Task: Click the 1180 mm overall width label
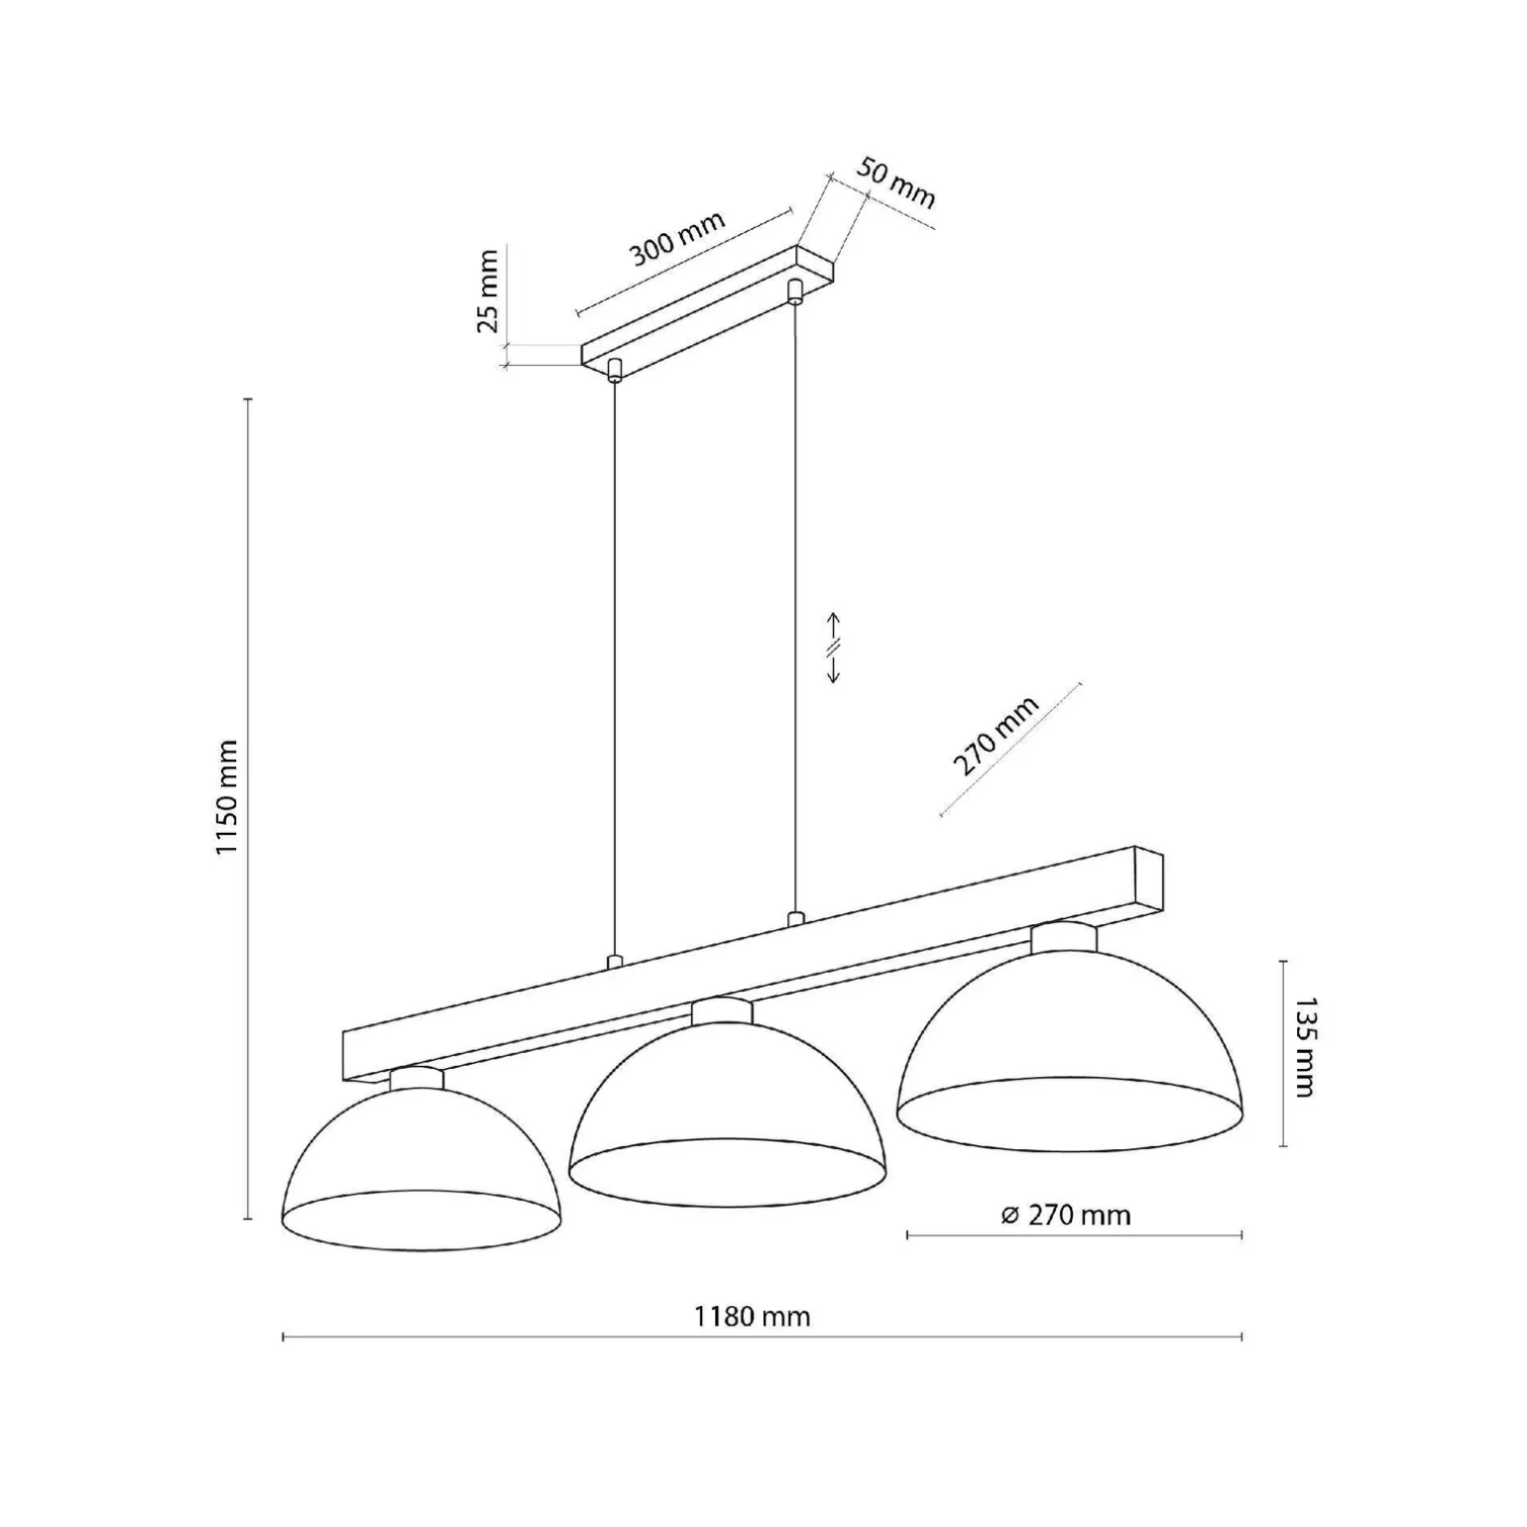(x=752, y=1316)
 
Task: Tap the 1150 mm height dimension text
(x=227, y=796)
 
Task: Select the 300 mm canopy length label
(x=678, y=238)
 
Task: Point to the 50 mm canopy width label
(x=895, y=182)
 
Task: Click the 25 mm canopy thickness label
(x=488, y=292)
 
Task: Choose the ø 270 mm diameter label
(x=1066, y=1215)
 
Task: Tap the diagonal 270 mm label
(x=996, y=736)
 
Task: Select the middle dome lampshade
(x=727, y=1113)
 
